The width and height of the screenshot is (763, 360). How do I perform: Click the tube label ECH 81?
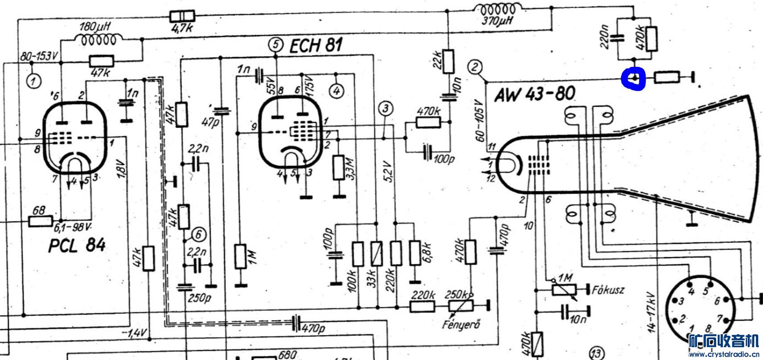pyautogui.click(x=316, y=45)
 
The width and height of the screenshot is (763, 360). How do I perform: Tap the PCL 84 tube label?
pyautogui.click(x=77, y=245)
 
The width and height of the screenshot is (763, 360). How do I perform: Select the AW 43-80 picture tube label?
pyautogui.click(x=534, y=94)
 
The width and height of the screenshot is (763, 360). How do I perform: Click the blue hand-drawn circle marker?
pyautogui.click(x=635, y=79)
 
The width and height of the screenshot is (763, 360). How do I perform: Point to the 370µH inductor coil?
pyautogui.click(x=496, y=9)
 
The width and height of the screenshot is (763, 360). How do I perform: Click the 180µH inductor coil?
pyautogui.click(x=98, y=40)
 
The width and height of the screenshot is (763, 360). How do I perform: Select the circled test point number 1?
pyautogui.click(x=34, y=82)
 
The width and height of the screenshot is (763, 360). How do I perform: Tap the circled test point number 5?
pyautogui.click(x=276, y=45)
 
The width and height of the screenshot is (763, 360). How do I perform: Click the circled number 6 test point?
pyautogui.click(x=199, y=234)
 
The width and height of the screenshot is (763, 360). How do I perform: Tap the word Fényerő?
pyautogui.click(x=461, y=324)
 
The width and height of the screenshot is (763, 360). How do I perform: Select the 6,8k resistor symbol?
pyautogui.click(x=415, y=253)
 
